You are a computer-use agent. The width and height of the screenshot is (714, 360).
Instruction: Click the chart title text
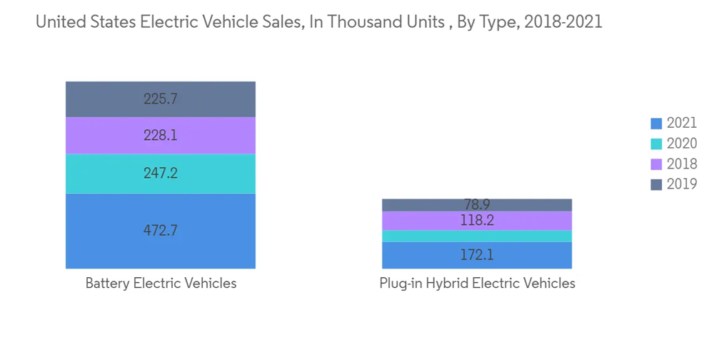(318, 22)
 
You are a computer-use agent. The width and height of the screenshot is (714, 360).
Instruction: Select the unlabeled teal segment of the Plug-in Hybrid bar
(477, 236)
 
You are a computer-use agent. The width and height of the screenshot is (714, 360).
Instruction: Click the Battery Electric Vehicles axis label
(161, 284)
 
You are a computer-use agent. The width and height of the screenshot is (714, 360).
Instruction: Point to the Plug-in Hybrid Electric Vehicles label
(477, 284)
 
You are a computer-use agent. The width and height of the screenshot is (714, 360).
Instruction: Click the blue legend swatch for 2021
(656, 124)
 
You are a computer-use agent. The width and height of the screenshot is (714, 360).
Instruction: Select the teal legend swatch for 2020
(656, 144)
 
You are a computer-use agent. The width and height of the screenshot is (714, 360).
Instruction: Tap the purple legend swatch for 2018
(656, 164)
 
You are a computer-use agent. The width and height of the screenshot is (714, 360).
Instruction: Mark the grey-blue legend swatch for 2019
(656, 185)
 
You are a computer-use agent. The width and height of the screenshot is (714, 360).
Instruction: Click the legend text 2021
(682, 124)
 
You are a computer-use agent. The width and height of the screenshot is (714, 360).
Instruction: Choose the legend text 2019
(682, 185)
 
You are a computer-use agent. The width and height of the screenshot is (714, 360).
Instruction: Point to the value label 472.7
(161, 231)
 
